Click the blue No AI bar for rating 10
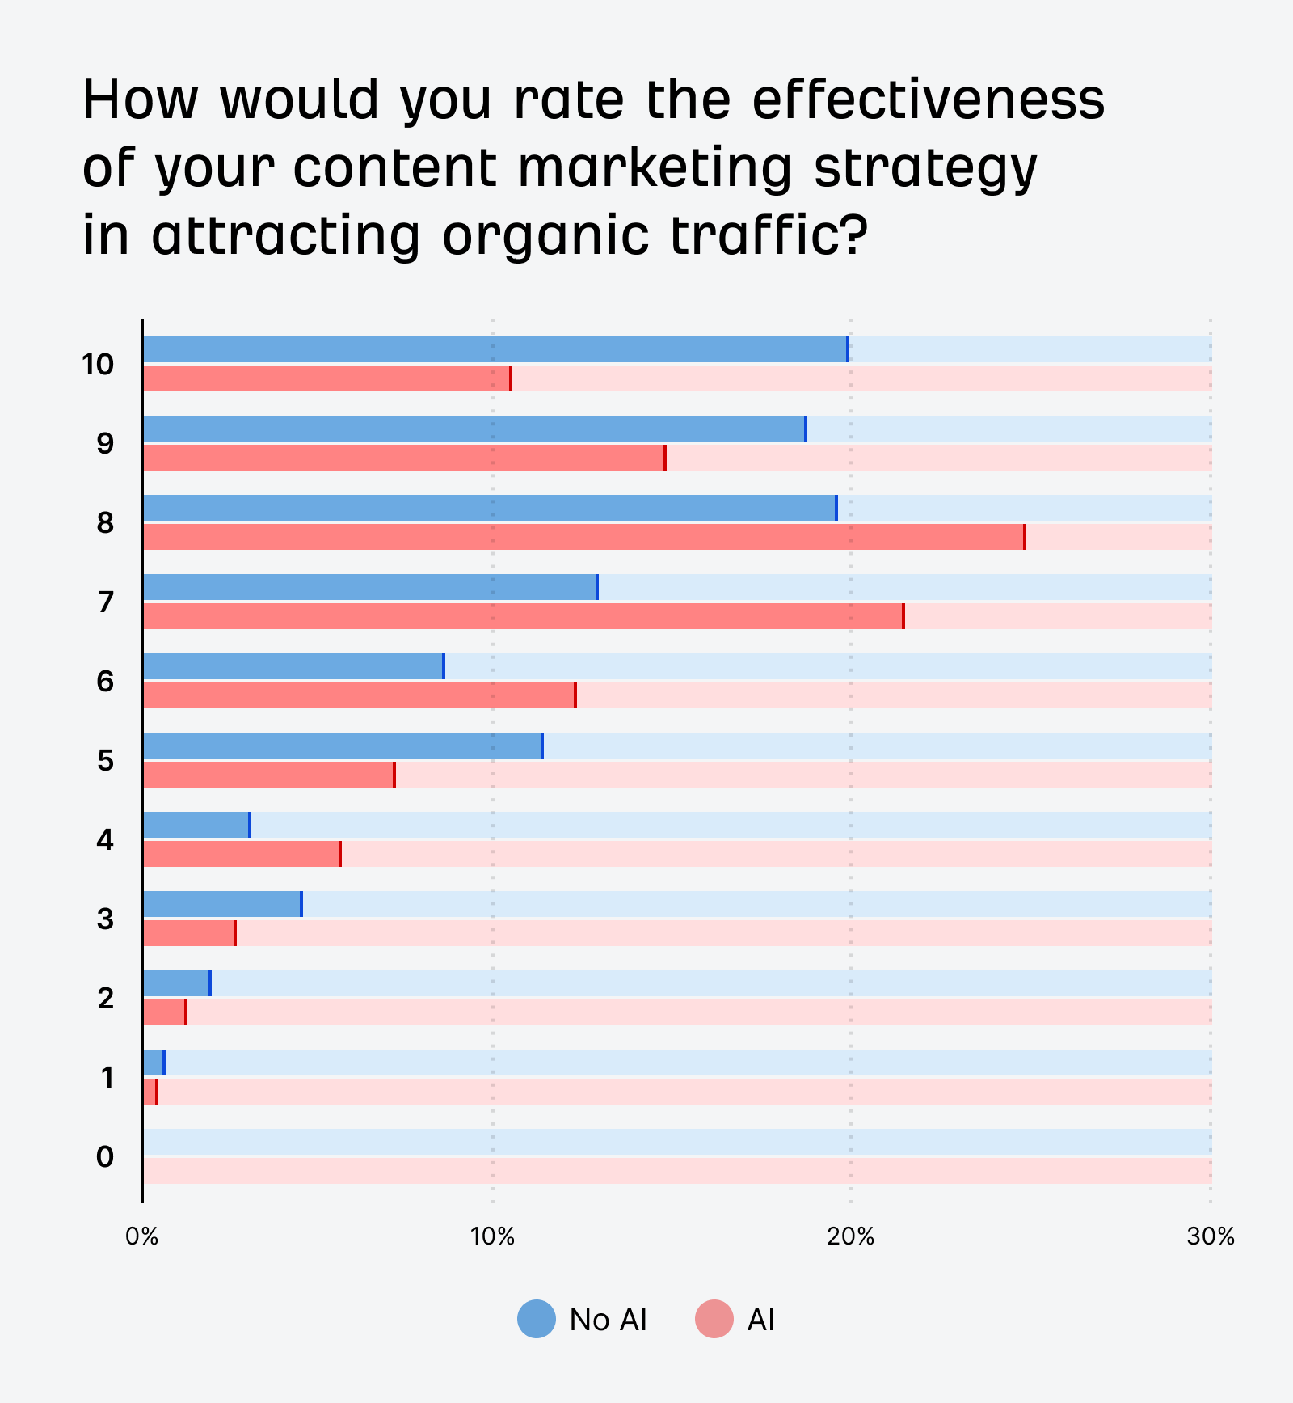[x=495, y=349]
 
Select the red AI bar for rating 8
[x=583, y=537]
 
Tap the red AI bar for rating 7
[x=523, y=616]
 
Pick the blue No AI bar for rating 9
[x=474, y=429]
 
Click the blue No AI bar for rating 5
[x=342, y=746]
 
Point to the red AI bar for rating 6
[x=359, y=695]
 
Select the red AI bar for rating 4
[x=241, y=854]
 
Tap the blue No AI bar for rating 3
[x=221, y=904]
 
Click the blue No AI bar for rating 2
[x=176, y=983]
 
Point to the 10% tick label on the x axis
[x=492, y=1236]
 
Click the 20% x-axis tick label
[x=850, y=1236]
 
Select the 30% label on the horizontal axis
[x=1210, y=1236]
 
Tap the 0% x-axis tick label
[x=142, y=1236]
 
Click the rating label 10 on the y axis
[x=98, y=365]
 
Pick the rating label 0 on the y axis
[x=105, y=1157]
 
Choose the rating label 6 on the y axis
[x=105, y=682]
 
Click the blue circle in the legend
[x=537, y=1319]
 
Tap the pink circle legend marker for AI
[x=714, y=1319]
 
